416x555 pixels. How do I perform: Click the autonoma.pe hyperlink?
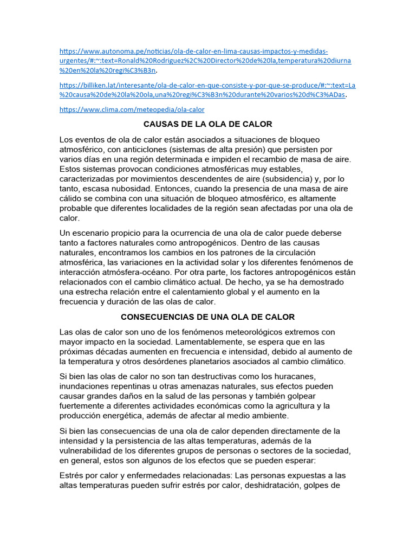tap(193, 51)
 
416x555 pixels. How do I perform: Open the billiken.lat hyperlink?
tap(207, 85)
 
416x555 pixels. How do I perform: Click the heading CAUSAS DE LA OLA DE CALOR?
tap(208, 124)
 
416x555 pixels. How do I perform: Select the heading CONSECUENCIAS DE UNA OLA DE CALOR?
tap(208, 317)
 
